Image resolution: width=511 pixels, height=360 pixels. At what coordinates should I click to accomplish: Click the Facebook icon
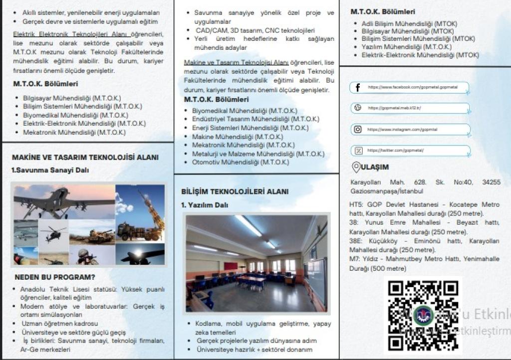tap(358, 88)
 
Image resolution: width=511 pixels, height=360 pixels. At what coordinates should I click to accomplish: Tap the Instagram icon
tap(358, 130)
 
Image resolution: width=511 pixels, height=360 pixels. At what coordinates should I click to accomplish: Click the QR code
tap(423, 316)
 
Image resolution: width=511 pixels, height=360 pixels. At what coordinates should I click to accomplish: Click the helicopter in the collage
tap(53, 231)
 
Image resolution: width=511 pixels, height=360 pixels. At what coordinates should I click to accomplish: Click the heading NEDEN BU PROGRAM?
tap(55, 277)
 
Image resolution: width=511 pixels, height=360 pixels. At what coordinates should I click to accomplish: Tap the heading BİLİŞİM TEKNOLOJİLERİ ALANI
tap(235, 191)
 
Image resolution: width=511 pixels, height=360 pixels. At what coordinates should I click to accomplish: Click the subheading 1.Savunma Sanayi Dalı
tap(50, 170)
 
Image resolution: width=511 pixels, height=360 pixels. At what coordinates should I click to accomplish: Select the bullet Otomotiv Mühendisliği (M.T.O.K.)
tap(241, 162)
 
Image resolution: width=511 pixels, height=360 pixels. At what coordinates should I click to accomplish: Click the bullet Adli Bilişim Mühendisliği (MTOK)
tap(409, 23)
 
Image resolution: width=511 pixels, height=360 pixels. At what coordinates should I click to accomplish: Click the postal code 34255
tap(491, 182)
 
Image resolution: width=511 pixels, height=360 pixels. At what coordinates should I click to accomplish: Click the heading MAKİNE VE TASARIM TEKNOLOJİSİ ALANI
tap(85, 158)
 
